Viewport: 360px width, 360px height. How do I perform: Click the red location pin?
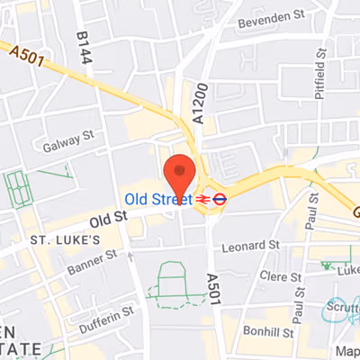[x=181, y=174]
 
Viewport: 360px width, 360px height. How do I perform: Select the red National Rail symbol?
[x=202, y=198]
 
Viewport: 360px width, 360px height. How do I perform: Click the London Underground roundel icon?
[x=218, y=198]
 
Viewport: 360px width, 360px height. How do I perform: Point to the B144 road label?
[x=83, y=47]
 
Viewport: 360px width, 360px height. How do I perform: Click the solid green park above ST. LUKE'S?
[x=18, y=190]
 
